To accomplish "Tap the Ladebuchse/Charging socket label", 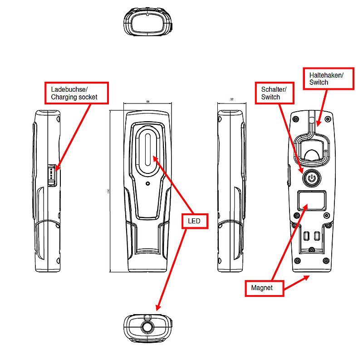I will (76, 93).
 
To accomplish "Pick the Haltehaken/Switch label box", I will (326, 78).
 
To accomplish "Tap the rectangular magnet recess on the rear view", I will (311, 201).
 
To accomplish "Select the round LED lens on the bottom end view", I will (147, 328).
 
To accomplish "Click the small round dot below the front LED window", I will (147, 184).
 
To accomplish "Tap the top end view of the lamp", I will (147, 21).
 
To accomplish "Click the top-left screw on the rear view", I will (295, 119).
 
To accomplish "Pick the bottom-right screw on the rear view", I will (325, 261).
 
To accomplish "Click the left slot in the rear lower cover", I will (306, 235).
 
